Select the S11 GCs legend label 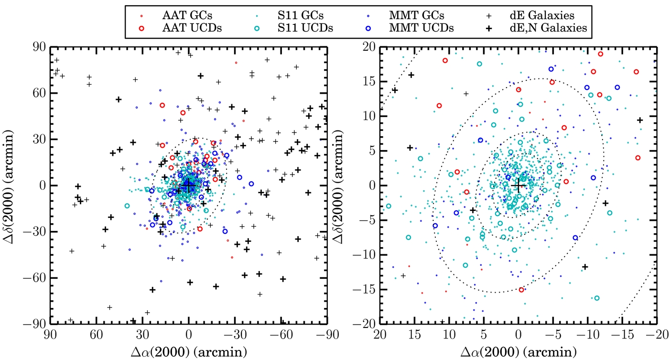(x=301, y=15)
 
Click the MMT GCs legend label (x=417, y=15)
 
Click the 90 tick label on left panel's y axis (x=39, y=46)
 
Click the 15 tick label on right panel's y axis (x=369, y=82)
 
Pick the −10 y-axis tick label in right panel (x=364, y=255)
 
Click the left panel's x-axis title (x=189, y=352)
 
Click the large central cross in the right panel (x=518, y=185)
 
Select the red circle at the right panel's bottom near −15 (x=521, y=290)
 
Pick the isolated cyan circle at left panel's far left (x=127, y=206)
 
